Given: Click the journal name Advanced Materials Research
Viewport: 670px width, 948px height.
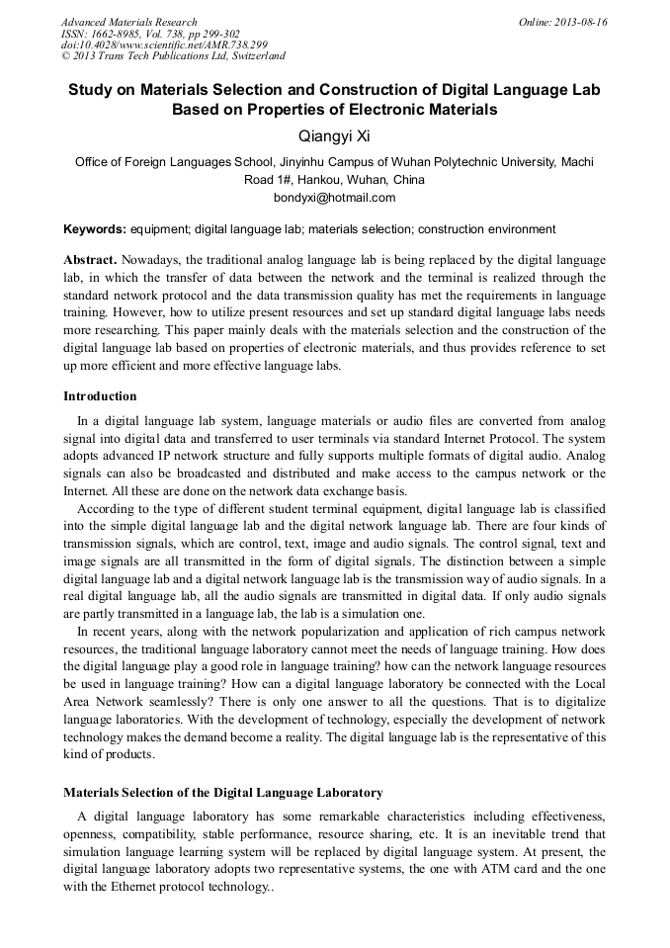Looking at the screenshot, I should [x=128, y=22].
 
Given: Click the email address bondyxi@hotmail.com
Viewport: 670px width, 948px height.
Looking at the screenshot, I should [x=334, y=197].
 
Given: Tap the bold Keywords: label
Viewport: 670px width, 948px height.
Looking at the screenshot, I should [x=95, y=229].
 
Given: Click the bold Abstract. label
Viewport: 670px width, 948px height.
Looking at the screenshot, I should [x=90, y=259].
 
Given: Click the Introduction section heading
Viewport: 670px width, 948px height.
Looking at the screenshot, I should [x=100, y=396].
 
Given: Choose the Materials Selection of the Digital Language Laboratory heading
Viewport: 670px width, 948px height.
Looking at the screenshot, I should [x=223, y=793].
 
